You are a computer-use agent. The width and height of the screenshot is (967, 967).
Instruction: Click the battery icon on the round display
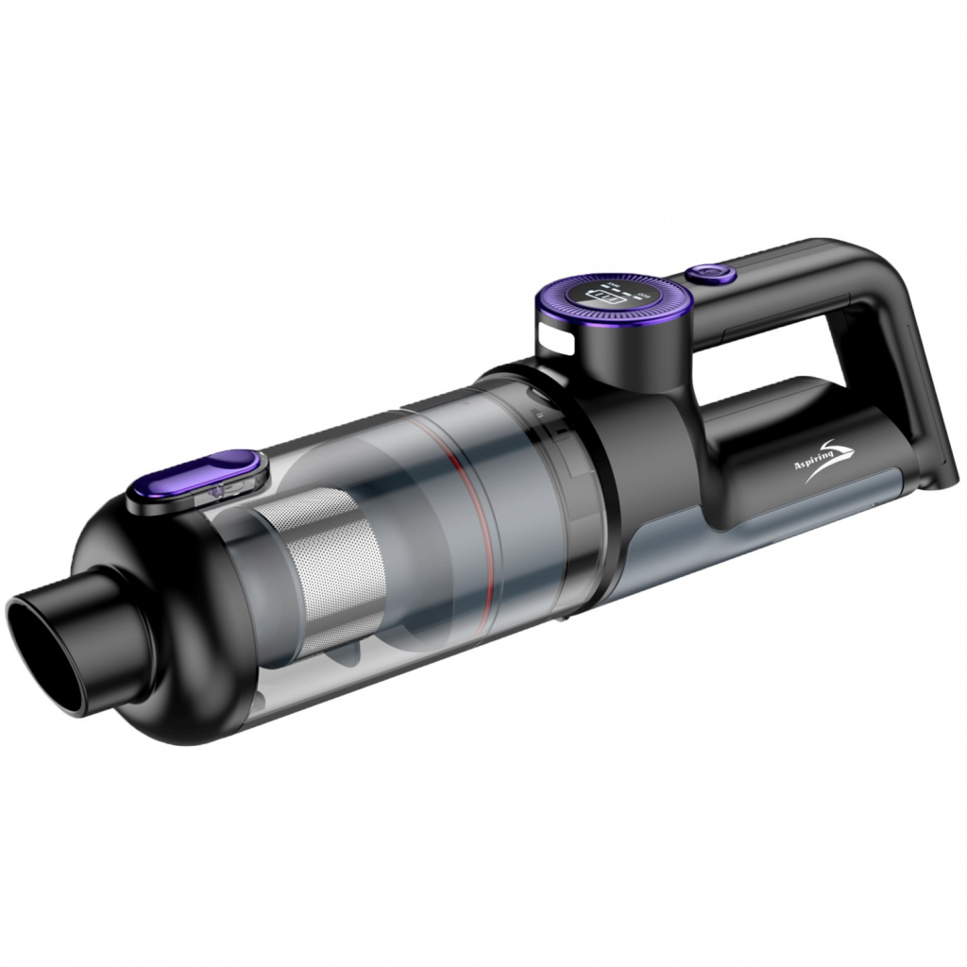pyautogui.click(x=606, y=298)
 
